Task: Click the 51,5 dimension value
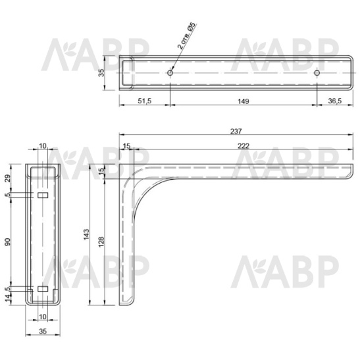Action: pos(145,101)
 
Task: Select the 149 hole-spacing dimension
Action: pos(244,101)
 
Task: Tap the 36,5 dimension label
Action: pos(335,101)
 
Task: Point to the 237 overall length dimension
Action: pos(236,131)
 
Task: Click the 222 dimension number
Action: pos(244,146)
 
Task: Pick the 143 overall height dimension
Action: pos(86,234)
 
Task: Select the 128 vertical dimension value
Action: pos(101,242)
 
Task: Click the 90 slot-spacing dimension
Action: pos(8,242)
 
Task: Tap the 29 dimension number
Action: pos(8,178)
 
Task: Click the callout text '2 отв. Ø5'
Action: pos(186,36)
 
